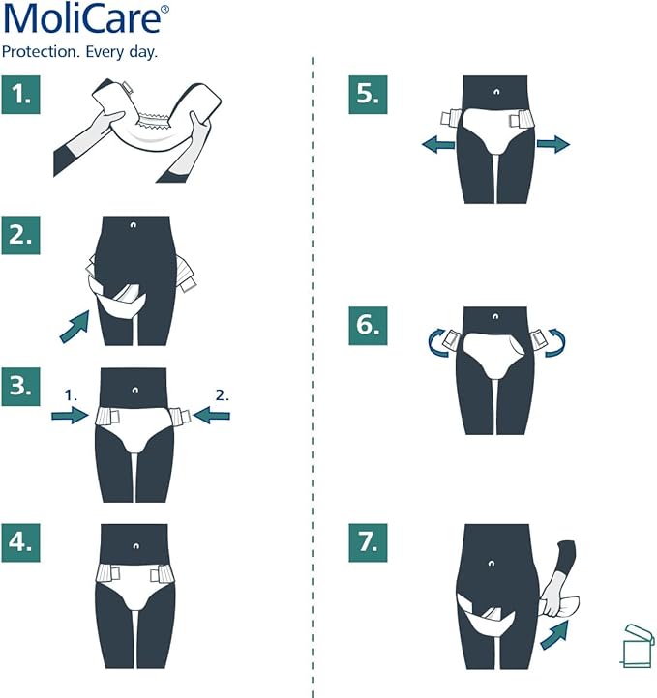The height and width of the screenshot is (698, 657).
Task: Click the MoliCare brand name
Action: tap(85, 21)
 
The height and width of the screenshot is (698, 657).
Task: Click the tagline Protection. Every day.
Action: tap(79, 51)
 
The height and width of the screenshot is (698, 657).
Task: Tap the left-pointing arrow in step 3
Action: tap(214, 415)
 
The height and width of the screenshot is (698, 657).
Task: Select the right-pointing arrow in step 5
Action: tap(553, 144)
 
